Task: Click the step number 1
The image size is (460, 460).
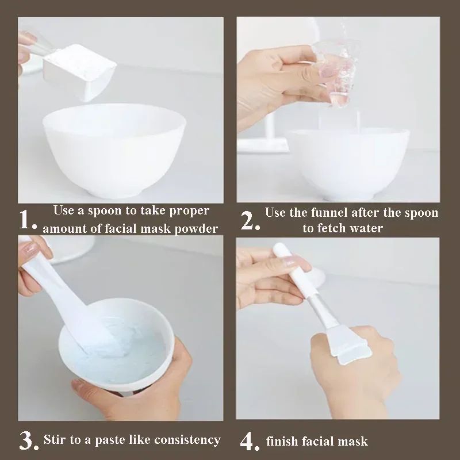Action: click(27, 220)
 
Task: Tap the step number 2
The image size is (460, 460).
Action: click(250, 220)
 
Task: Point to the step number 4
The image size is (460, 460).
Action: click(250, 442)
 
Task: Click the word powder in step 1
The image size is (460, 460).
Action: click(197, 228)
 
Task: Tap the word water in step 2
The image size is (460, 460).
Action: click(366, 228)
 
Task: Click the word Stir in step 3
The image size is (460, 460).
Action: click(56, 440)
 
